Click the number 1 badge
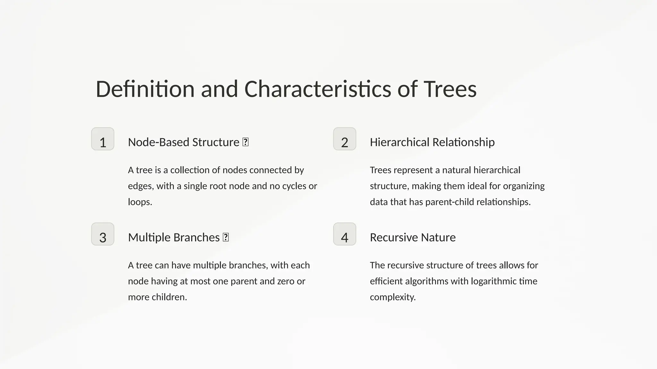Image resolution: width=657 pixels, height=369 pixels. (103, 139)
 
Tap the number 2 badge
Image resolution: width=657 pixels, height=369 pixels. (345, 139)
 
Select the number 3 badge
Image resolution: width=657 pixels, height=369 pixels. (103, 234)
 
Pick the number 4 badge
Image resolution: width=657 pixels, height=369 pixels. (345, 234)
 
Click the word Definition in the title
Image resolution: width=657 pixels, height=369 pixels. (145, 89)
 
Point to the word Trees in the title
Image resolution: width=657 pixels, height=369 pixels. (450, 89)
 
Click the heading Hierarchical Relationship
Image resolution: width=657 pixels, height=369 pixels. (432, 142)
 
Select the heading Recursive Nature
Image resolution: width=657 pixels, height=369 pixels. (413, 237)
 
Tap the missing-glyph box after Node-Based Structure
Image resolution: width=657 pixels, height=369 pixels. (245, 142)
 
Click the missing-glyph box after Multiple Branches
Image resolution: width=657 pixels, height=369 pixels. (226, 237)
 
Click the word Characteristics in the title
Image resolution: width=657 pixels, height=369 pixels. (318, 89)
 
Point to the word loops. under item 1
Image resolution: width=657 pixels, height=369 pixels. (140, 202)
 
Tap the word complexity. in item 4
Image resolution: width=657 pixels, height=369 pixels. (393, 297)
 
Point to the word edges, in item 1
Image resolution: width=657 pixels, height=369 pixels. (141, 186)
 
